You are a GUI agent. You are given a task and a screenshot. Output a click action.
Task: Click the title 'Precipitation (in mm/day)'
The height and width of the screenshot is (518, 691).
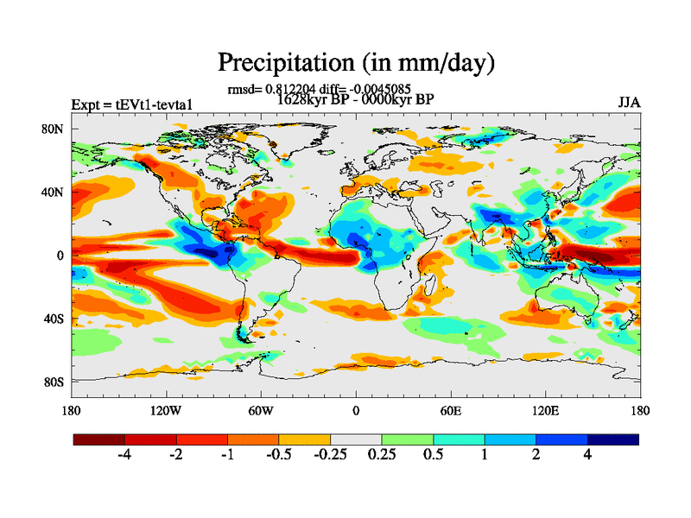coord(355,63)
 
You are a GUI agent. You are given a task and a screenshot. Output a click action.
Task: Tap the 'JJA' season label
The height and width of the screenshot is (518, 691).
coord(629,103)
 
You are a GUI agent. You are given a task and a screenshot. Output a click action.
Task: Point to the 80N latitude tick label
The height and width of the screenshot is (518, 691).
coord(54,129)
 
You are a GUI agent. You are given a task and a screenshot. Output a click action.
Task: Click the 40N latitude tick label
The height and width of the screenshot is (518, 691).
coord(54,193)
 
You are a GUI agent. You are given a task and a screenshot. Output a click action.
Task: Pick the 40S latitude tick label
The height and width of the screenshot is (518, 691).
coord(54,319)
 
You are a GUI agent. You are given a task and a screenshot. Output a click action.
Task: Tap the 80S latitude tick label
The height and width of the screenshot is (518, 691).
coord(54,382)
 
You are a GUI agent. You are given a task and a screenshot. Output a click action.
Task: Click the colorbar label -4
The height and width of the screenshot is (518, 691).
coord(124,455)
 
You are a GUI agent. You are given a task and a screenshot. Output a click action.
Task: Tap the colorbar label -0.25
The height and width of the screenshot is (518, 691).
coord(330,455)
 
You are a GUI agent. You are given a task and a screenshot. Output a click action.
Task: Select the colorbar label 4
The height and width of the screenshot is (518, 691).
coord(587,455)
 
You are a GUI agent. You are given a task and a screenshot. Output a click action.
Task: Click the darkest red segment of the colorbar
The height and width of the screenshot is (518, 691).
coord(99,439)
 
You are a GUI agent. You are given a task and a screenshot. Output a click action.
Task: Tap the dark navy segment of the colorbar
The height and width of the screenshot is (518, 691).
coord(612,439)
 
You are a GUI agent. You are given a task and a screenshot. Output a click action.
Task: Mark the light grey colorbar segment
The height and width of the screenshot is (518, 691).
coord(356,439)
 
